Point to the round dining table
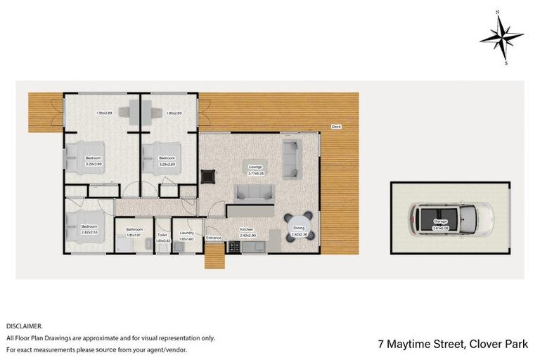coord(300,228)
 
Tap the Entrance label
coord(214,238)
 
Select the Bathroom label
coord(134,231)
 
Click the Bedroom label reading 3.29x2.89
coord(167,160)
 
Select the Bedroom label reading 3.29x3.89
coord(93,160)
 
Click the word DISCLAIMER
coord(25,326)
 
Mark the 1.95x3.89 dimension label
coord(105,113)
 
